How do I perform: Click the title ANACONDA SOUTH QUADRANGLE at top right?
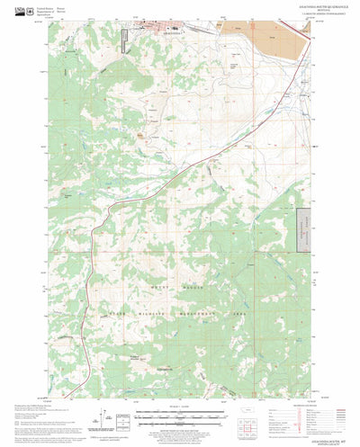[286, 7]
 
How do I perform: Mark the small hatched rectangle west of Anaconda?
[127, 39]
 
